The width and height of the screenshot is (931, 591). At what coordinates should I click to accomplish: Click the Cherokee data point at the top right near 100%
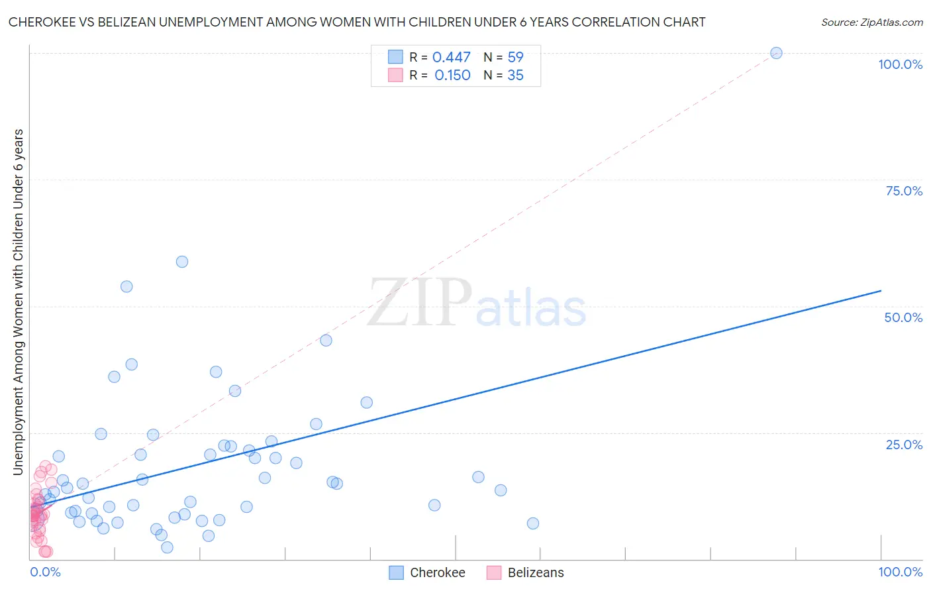click(x=776, y=53)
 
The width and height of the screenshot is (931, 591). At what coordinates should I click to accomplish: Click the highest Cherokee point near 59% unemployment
click(x=182, y=262)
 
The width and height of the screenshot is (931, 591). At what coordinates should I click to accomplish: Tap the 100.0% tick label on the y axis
click(x=900, y=64)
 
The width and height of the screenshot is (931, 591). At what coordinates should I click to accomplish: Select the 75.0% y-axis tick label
click(x=904, y=191)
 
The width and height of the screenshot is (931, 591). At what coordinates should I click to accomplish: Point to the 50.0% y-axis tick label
click(x=903, y=317)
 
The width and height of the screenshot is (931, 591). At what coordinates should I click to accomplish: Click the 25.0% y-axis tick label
click(x=904, y=444)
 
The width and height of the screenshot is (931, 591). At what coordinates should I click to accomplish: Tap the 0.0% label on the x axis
click(x=45, y=572)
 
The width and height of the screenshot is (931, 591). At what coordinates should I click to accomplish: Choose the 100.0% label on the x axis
click(x=900, y=572)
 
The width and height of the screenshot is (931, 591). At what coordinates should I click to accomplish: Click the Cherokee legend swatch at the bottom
click(x=396, y=572)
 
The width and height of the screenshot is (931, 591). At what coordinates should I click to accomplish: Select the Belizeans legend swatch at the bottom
click(x=494, y=572)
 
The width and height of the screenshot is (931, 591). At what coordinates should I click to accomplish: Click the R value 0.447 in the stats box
click(x=451, y=58)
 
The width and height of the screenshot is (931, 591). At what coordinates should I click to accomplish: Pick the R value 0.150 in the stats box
click(x=452, y=76)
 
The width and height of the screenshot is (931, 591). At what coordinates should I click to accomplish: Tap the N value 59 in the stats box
click(x=515, y=58)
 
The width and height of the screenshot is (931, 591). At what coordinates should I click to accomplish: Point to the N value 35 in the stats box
click(x=515, y=76)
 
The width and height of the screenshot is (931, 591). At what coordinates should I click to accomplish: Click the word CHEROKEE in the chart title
click(x=40, y=22)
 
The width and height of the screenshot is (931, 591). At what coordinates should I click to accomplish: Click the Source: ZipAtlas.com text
click(x=871, y=22)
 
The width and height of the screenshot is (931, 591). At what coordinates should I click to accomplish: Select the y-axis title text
click(x=18, y=301)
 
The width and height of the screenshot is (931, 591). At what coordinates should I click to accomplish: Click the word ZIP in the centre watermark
click(x=419, y=303)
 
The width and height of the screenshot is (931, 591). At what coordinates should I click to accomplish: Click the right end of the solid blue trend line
click(x=881, y=290)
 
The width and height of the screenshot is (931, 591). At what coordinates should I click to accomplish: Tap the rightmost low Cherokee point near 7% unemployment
click(x=533, y=523)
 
